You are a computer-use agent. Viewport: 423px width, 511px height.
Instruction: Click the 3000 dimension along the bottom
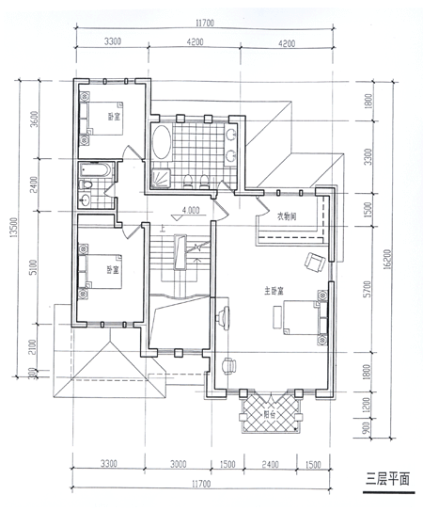coord(179,464)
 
